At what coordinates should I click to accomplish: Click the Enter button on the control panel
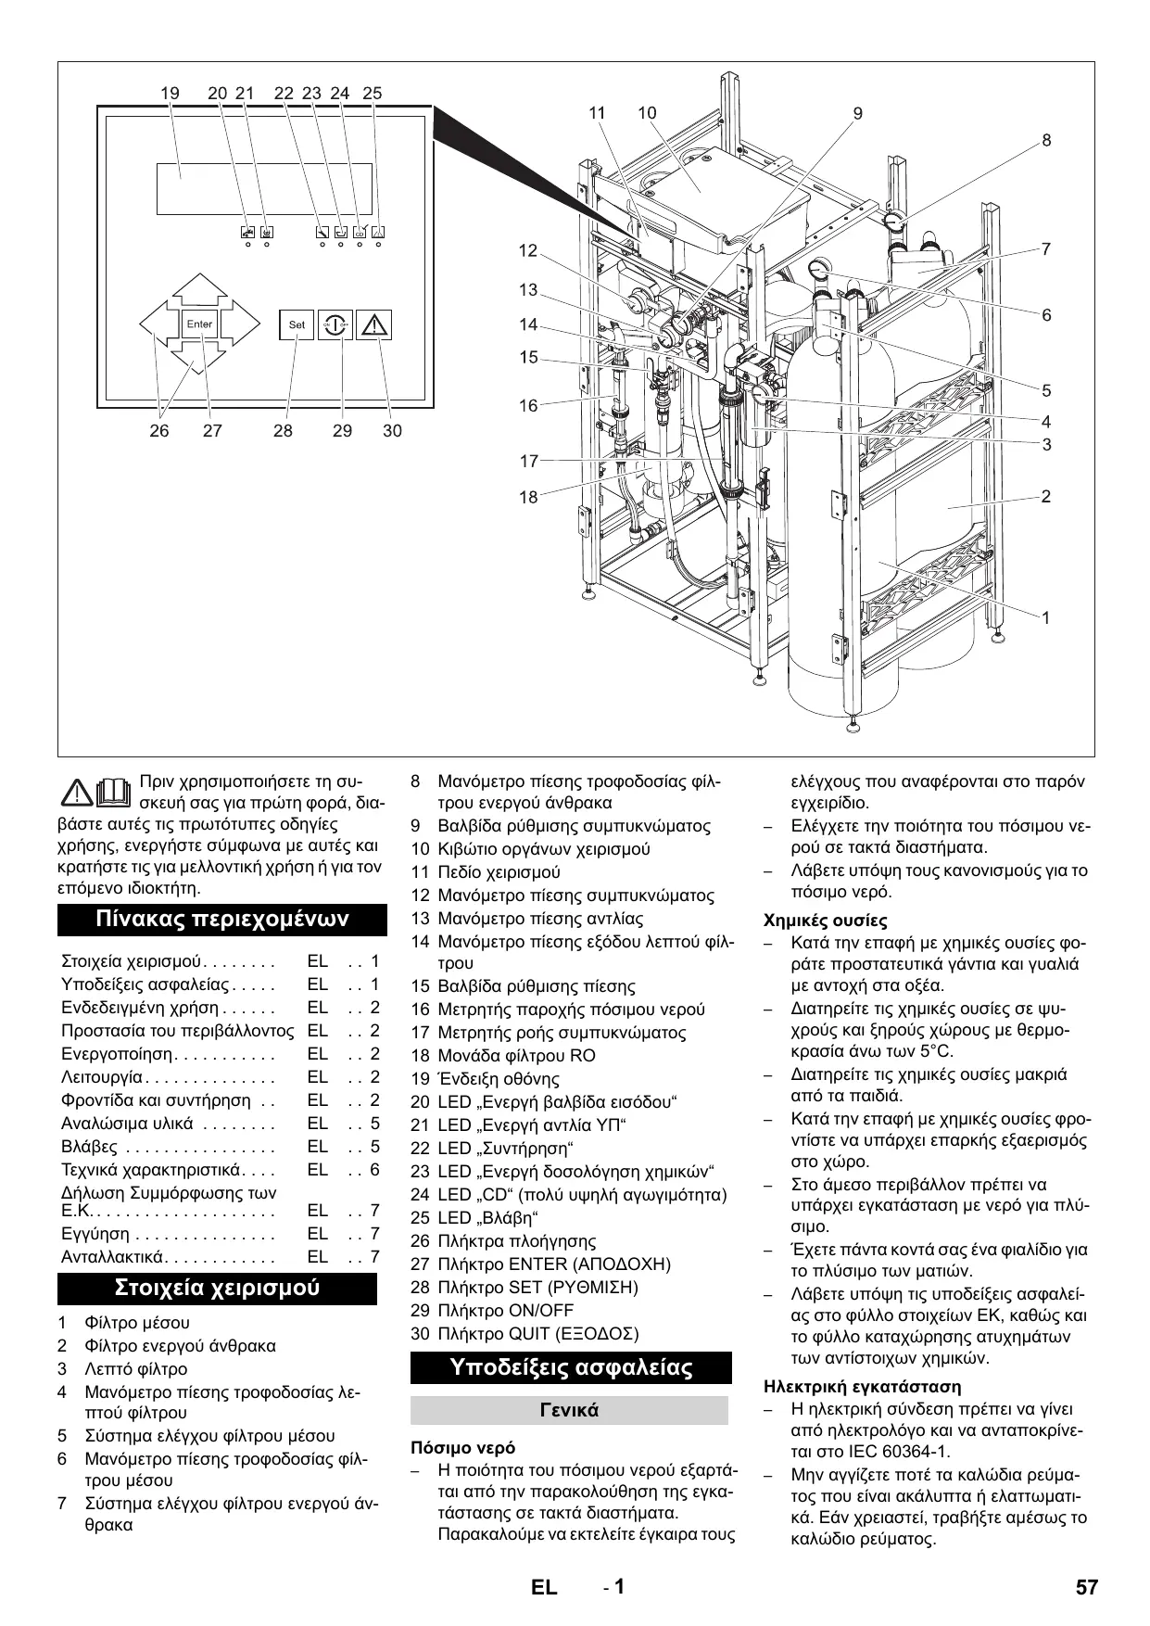point(199,324)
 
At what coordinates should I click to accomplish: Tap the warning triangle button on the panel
point(373,324)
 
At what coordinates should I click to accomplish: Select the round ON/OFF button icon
point(335,324)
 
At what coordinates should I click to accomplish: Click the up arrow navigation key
point(199,288)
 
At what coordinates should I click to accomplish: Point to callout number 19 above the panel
point(170,93)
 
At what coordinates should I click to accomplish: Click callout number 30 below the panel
point(392,430)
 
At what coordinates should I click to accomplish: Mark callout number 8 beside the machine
point(1046,141)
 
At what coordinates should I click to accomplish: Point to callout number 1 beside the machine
point(1046,617)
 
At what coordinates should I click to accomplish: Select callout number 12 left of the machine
point(528,250)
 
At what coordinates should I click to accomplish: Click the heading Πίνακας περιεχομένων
point(222,919)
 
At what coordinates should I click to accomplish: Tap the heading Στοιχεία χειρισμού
point(217,1288)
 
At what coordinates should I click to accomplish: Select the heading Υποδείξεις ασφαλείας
point(571,1367)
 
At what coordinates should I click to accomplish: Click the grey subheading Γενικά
point(569,1410)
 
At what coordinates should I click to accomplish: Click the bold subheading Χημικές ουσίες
point(826,921)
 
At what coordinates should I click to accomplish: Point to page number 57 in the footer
point(1087,1587)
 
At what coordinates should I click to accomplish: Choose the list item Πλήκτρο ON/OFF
point(505,1310)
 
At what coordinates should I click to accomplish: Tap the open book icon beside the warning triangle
point(113,790)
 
